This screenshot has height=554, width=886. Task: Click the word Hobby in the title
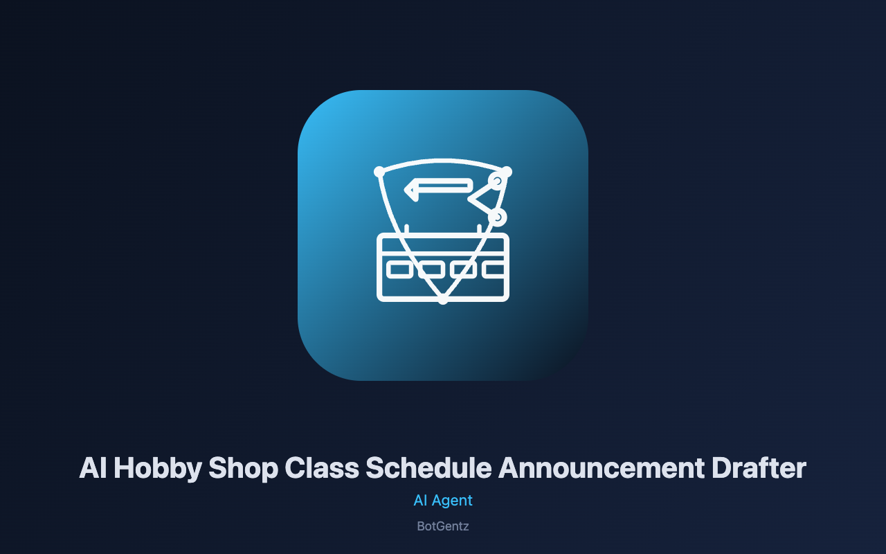[158, 469]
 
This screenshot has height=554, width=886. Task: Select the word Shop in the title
[243, 469]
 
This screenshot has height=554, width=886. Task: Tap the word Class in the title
[322, 467]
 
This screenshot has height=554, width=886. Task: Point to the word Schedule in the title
[428, 467]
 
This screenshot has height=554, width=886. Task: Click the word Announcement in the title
[602, 467]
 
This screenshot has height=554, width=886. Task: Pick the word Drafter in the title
[759, 467]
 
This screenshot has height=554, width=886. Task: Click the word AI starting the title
[93, 467]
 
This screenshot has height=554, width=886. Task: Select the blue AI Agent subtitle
[443, 501]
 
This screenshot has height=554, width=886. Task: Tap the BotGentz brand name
[443, 526]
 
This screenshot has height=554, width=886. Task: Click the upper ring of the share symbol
[497, 181]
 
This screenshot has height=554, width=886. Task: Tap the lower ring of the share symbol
[498, 217]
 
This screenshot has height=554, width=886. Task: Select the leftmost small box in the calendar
[399, 269]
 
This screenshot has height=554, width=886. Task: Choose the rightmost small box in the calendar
[494, 269]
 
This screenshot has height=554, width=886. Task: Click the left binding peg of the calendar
[406, 229]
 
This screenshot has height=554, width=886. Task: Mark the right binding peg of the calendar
[480, 229]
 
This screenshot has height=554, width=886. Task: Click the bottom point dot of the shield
[443, 299]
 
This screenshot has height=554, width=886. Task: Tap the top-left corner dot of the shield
[379, 172]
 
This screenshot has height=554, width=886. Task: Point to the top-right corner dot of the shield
[507, 172]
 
